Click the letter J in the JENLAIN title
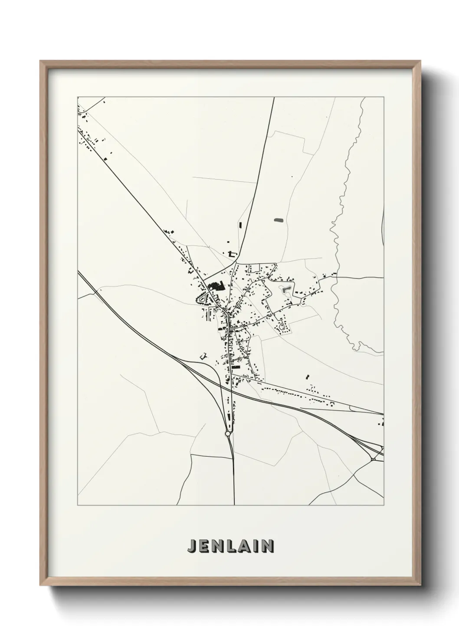[x=192, y=546]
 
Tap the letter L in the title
[x=229, y=546]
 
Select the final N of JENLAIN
[x=269, y=546]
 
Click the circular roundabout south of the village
[x=228, y=433]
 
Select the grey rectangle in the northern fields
[x=278, y=220]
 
